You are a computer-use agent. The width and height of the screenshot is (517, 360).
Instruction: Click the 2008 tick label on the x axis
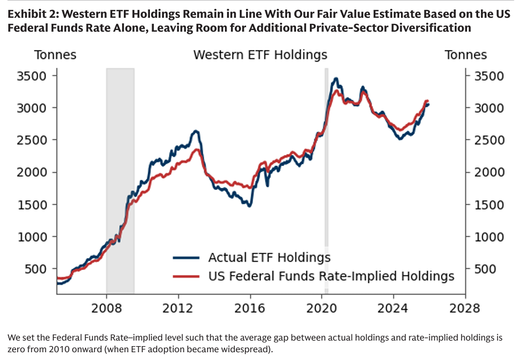point(106,308)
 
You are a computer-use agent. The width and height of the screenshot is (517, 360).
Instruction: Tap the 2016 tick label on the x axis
point(250,308)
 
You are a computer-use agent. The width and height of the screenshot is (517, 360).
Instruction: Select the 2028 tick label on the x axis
point(465,308)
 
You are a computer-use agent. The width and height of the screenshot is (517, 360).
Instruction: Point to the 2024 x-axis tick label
point(393,308)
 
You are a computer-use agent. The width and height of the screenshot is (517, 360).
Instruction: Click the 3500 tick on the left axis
point(35,76)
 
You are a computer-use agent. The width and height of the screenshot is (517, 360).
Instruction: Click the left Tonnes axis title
point(56,55)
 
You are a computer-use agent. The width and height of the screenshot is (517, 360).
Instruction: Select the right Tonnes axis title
point(465,55)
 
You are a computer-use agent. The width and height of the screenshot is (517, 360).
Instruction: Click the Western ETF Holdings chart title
point(260,55)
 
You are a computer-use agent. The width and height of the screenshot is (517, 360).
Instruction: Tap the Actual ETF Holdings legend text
point(269,258)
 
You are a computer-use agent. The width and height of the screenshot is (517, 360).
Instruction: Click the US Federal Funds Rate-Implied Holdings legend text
point(331,276)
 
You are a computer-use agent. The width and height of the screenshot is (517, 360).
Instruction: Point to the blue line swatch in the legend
point(186,258)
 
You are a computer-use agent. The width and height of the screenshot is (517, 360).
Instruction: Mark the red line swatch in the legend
point(186,276)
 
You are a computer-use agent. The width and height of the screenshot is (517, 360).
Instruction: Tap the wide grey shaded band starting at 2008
point(120,167)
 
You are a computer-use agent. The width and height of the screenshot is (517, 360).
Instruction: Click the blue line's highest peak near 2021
point(335,79)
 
